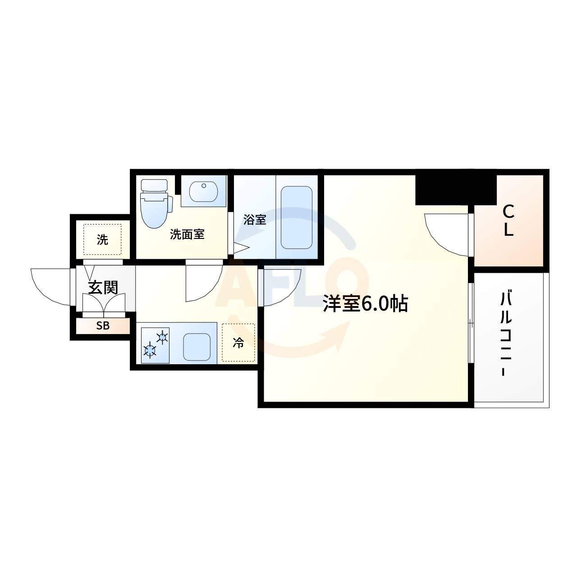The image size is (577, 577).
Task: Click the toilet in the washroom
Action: [156, 203]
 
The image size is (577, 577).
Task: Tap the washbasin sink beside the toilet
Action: [204, 191]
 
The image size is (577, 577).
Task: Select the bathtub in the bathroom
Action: [297, 218]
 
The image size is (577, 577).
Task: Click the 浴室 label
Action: [255, 220]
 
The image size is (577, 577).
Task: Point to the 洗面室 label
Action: [187, 234]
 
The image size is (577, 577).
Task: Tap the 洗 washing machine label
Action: [102, 240]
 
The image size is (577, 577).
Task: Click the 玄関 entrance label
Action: [103, 288]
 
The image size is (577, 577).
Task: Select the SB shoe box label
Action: [103, 326]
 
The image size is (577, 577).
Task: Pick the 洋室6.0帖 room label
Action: [365, 304]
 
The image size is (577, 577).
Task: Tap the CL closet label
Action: [508, 221]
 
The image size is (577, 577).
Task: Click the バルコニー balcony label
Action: [505, 334]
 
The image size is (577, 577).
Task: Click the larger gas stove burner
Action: [150, 350]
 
